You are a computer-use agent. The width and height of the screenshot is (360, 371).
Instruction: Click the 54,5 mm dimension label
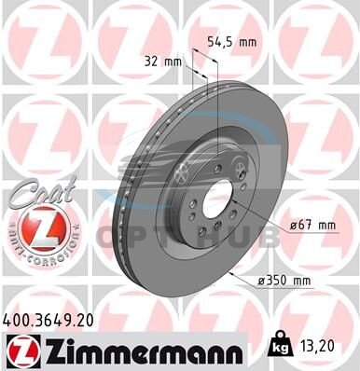click(232, 42)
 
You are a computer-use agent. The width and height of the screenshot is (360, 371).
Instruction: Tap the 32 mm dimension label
click(163, 62)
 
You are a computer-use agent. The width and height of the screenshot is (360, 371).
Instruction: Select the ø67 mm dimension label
click(312, 225)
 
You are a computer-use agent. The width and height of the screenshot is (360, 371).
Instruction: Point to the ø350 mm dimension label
click(284, 281)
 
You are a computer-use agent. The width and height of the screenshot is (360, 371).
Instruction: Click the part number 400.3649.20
click(48, 321)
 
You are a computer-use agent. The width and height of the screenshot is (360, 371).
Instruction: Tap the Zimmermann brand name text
click(144, 351)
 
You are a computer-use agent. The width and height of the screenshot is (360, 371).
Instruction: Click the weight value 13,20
click(317, 345)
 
